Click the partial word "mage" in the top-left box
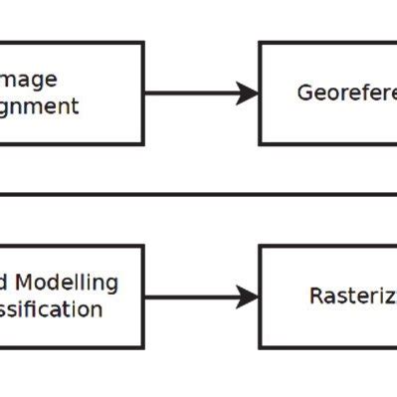(29, 80)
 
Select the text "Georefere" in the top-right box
(345, 93)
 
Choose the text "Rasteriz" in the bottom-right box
(352, 297)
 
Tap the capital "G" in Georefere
(304, 93)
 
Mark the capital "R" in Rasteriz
(315, 297)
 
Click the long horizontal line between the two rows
(199, 195)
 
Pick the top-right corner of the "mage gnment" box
(143, 43)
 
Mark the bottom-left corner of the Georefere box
(261, 144)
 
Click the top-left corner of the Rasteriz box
(261, 247)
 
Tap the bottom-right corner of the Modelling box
(143, 347)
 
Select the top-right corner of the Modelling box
(143, 247)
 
